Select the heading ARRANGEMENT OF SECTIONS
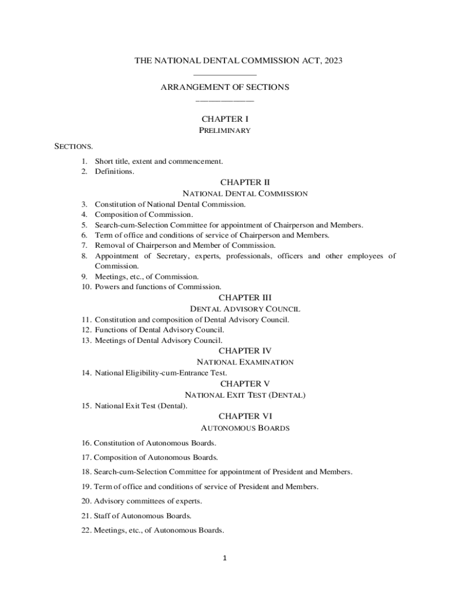[x=224, y=87]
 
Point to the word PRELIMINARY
[x=225, y=131]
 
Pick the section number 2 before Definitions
[x=84, y=171]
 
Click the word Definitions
[x=114, y=171]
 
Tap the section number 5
[x=84, y=225]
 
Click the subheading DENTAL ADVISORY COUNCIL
[x=245, y=309]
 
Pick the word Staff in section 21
[x=103, y=516]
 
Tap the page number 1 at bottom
[x=224, y=559]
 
